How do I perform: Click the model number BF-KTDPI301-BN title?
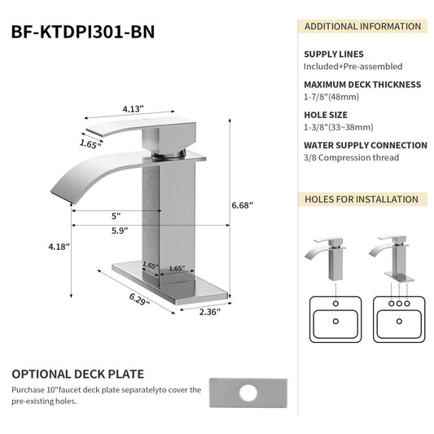[82, 32]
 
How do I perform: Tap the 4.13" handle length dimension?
[134, 107]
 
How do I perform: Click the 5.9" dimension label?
[120, 230]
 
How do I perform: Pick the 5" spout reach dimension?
[116, 216]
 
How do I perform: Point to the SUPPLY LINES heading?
[335, 54]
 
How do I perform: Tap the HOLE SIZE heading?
[327, 115]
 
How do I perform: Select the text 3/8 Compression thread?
[351, 157]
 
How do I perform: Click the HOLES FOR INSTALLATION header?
[361, 199]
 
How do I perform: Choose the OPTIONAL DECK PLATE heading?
[77, 375]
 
